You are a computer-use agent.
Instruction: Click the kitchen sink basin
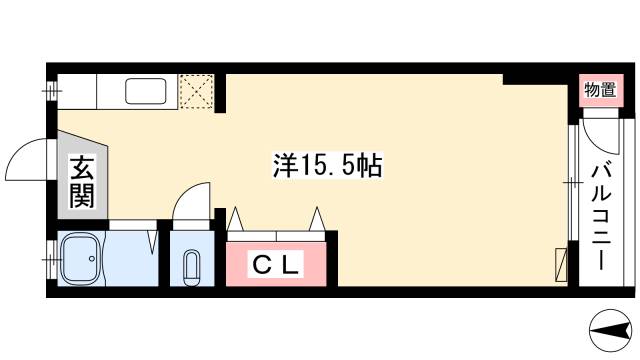146,92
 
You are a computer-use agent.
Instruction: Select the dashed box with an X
195,91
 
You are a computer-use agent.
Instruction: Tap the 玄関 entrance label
81,182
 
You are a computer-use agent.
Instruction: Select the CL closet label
276,265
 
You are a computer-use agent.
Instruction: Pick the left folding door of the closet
238,219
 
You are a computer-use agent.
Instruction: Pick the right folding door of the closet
318,219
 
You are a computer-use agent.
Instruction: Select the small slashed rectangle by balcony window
561,266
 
